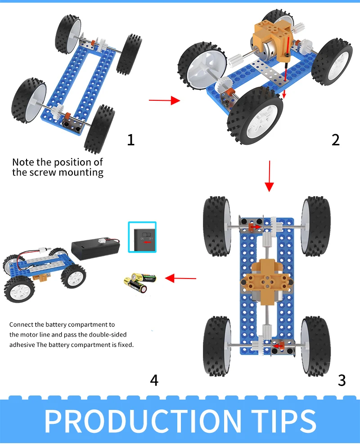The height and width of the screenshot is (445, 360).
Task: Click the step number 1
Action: [130, 139]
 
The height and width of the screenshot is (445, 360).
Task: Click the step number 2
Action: [335, 139]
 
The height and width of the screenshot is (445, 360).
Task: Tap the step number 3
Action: [342, 380]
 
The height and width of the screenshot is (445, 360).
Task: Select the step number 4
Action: [154, 380]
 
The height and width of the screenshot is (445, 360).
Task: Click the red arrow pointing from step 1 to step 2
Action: [164, 100]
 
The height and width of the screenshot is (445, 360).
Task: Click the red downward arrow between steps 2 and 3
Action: [269, 176]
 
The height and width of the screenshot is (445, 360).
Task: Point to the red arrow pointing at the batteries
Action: [180, 278]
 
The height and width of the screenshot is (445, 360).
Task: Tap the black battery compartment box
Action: [95, 249]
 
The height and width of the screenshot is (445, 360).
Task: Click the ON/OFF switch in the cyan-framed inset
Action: [147, 235]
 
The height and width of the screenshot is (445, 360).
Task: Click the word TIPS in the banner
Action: [284, 421]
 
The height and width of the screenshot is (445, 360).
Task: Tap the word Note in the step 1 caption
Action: [23, 162]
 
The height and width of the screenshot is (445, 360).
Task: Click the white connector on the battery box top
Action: [101, 240]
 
